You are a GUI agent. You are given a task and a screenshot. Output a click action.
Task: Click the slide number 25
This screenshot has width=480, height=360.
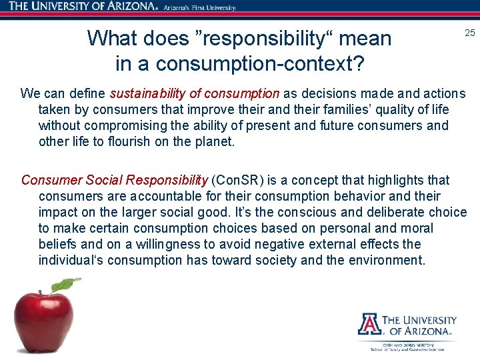coord(469,33)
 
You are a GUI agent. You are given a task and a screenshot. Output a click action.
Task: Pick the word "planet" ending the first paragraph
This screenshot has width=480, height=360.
coord(214,142)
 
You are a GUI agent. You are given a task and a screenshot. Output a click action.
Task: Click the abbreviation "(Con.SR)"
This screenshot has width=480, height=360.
coord(237,180)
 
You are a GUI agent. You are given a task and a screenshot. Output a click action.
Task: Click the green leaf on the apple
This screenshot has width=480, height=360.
coord(66,285)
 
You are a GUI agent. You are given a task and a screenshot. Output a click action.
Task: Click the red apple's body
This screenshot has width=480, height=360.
coord(43,323)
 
